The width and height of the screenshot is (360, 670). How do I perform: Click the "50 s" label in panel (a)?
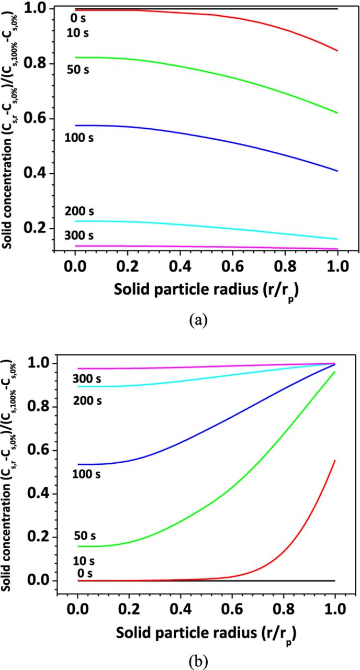tap(78, 70)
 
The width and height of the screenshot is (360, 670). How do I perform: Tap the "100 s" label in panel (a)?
tap(79, 138)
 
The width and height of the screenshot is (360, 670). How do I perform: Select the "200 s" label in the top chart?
tap(79, 211)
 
